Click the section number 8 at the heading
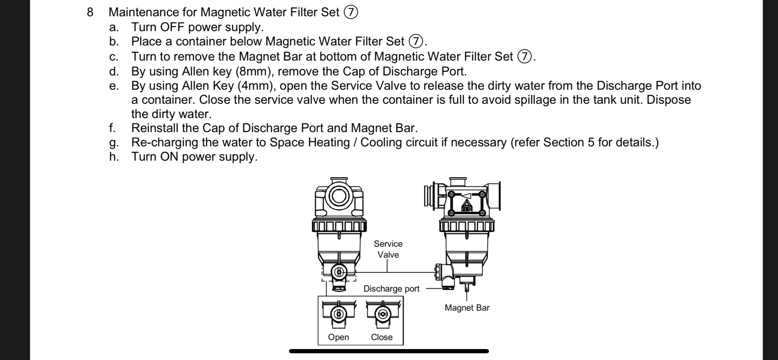pos(90,12)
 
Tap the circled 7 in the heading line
pos(351,13)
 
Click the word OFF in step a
pos(172,27)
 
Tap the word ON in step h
pos(169,156)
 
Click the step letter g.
pos(113,143)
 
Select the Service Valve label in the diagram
pos(388,249)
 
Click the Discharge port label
pos(391,289)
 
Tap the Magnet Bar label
pos(467,308)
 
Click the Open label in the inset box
pos(338,337)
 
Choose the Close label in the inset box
pos(382,337)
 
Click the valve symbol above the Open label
pos(339,314)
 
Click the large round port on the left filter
pos(339,196)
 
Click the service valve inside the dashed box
pos(339,272)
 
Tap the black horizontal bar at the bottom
pos(389,351)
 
